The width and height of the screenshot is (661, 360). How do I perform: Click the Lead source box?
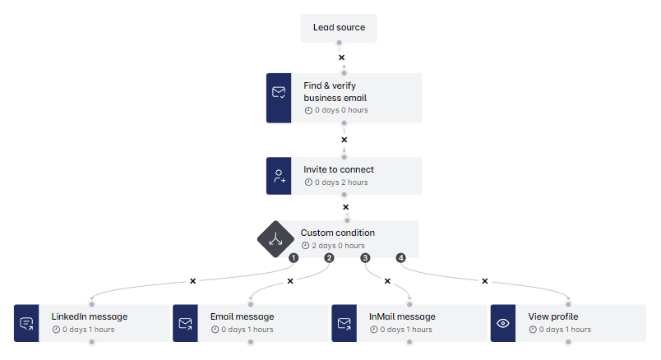point(339,28)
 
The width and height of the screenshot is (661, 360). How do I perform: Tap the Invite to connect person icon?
point(279,176)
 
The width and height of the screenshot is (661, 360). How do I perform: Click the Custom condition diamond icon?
point(275,239)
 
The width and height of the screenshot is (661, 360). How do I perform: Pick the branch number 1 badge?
point(293,258)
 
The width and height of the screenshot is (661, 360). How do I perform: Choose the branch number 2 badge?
point(329,258)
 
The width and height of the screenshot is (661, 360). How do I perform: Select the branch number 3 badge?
point(365,258)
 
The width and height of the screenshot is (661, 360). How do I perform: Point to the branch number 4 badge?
point(401,258)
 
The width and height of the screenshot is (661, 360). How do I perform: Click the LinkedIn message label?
point(89,316)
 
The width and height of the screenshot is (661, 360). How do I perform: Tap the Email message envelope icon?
point(185,323)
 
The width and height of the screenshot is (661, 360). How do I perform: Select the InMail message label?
point(402,316)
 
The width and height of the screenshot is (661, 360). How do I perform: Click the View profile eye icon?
point(503,323)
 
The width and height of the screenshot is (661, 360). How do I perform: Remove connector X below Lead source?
point(342,58)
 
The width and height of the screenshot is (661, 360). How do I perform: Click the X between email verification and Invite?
point(344,140)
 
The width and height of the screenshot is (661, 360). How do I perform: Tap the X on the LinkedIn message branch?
point(193,281)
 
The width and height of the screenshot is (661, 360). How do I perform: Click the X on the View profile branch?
point(484,281)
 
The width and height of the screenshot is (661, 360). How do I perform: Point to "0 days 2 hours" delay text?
point(340,182)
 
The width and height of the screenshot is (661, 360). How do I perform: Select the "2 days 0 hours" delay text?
point(337,246)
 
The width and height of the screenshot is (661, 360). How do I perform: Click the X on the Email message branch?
point(290,281)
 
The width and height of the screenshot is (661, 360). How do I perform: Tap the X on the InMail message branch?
point(387,281)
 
